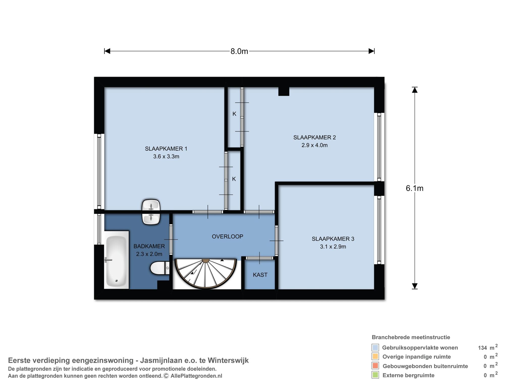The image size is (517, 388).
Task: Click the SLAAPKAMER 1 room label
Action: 166,149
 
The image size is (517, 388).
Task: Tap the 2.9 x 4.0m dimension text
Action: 314,145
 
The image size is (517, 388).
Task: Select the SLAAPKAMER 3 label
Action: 333,239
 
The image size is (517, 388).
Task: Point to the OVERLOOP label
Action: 227,236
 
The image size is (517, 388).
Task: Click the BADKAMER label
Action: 149,246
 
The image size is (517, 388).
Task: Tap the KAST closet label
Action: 260,275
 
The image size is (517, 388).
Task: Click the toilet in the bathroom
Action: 160,268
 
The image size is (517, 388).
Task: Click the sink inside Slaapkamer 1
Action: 151,205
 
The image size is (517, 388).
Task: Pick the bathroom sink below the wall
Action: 151,219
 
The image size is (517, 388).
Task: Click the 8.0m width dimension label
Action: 239,52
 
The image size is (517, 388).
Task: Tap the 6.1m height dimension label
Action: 415,188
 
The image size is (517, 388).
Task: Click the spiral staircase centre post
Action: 206,260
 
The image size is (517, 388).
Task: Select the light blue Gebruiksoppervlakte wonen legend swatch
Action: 375,348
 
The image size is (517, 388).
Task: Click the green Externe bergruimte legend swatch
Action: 375,375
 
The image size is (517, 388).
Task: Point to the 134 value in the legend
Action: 482,348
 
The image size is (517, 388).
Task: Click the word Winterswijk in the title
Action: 228,360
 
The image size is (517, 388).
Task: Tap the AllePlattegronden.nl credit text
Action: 196,376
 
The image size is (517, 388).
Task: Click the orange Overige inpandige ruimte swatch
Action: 375,357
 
